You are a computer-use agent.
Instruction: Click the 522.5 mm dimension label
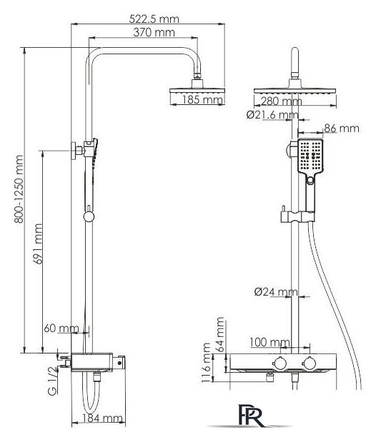(x=154, y=19)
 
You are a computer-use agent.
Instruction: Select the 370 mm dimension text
(x=154, y=32)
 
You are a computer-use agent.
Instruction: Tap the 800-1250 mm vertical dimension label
(x=19, y=189)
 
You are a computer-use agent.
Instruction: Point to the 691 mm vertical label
(x=38, y=243)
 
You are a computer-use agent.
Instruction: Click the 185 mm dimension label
(x=202, y=100)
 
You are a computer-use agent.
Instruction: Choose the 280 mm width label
(x=281, y=101)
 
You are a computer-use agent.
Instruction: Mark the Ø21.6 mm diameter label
(x=272, y=115)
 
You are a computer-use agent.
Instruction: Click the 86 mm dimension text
(x=342, y=129)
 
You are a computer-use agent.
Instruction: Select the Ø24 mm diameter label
(x=276, y=292)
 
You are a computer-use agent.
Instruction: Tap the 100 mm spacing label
(x=269, y=342)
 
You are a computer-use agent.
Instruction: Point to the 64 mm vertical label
(x=219, y=334)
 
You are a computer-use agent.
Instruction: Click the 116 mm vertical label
(x=206, y=363)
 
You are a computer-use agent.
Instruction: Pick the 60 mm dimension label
(x=61, y=328)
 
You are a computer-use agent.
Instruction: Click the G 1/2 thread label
(x=52, y=381)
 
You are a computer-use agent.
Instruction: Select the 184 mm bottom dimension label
(x=102, y=418)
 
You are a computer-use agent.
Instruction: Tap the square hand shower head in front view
(x=310, y=156)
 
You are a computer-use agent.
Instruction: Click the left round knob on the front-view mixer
(x=279, y=363)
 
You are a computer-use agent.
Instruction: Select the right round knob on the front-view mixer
(x=310, y=363)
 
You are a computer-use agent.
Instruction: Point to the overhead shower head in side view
(x=197, y=91)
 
